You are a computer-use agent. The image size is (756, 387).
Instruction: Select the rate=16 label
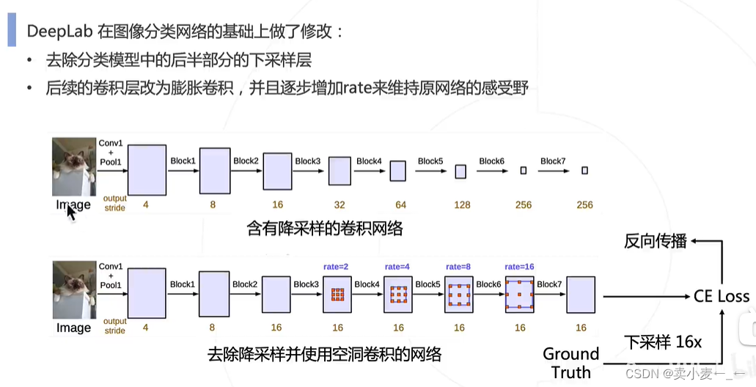coord(521,266)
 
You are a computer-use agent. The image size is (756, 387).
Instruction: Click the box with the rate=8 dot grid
coord(459,295)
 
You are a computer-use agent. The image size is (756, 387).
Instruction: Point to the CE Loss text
coord(722,297)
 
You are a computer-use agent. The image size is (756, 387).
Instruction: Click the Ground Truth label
coord(571,363)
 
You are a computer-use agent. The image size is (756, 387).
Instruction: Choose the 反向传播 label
coord(656,240)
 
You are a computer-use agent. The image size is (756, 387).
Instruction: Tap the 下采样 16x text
coord(663,342)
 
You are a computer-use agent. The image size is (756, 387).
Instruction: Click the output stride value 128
coord(462,205)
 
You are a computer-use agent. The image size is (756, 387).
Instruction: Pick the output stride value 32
coord(339,205)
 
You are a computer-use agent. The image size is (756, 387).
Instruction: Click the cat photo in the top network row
coord(74,167)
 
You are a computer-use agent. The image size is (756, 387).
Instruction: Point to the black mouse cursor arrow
coord(71,211)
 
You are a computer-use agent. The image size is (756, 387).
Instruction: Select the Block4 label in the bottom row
coord(367,284)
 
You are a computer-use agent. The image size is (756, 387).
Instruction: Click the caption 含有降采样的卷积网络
coord(325,229)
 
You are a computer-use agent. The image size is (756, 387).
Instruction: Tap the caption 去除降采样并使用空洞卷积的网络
coord(325,355)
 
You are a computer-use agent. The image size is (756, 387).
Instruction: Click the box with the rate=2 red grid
coord(338,295)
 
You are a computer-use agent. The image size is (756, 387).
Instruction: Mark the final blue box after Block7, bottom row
coord(580,295)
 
